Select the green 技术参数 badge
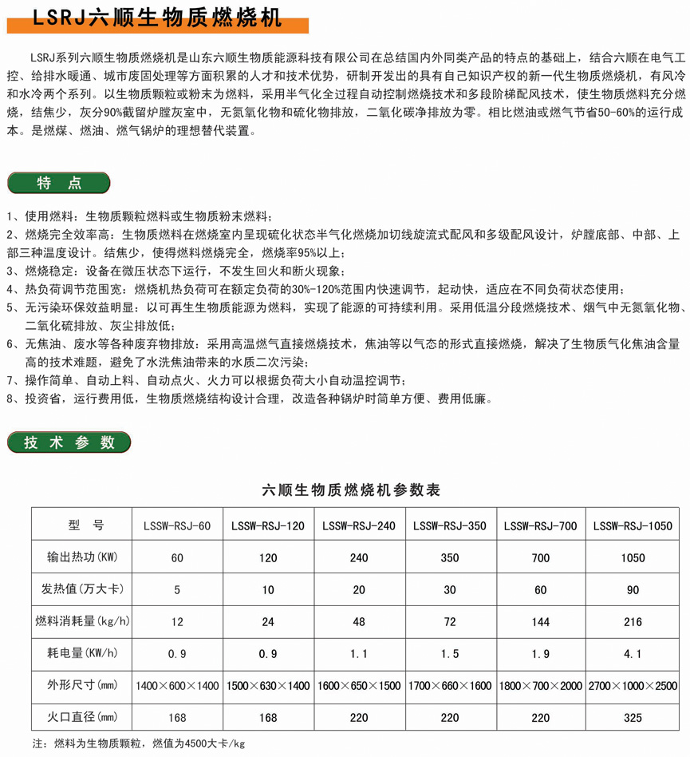click(x=68, y=443)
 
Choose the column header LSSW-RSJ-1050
click(x=633, y=525)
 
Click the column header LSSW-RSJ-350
click(x=450, y=525)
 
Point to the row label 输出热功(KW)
click(x=81, y=557)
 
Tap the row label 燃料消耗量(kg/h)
click(x=81, y=621)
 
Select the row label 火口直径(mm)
click(x=81, y=717)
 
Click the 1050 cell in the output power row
click(x=633, y=558)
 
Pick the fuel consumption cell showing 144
click(x=541, y=622)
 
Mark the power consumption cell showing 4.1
click(x=633, y=654)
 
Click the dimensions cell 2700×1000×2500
click(x=633, y=686)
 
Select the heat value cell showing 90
click(x=633, y=590)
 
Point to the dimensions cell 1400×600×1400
click(x=177, y=686)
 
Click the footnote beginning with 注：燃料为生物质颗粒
click(x=138, y=744)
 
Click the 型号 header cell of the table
click(x=81, y=525)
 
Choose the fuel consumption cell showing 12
click(x=177, y=622)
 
